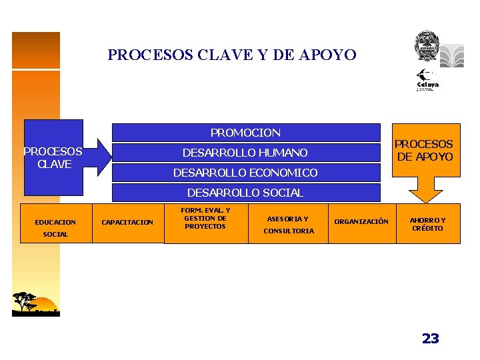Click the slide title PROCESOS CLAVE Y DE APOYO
tap(232, 55)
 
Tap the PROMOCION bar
tap(245, 133)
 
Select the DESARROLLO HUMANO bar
tap(245, 153)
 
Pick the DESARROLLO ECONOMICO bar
tap(245, 173)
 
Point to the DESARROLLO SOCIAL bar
tap(245, 193)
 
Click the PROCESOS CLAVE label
tap(53, 157)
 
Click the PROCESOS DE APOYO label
tap(425, 150)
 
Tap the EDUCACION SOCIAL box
tap(55, 227)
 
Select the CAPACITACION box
tap(127, 222)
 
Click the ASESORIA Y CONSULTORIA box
tap(288, 225)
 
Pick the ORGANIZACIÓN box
tap(361, 221)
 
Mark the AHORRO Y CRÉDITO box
tap(427, 224)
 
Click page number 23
tap(431, 339)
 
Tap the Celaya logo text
tap(427, 85)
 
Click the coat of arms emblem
tap(426, 45)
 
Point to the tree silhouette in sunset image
tap(25, 301)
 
